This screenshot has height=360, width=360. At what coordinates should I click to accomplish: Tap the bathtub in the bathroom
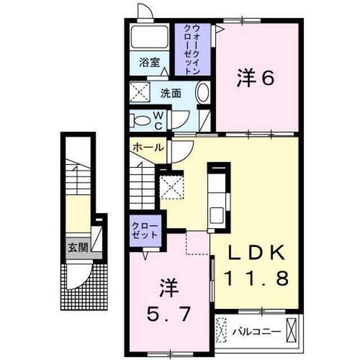150,37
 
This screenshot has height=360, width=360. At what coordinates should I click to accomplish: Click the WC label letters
159,120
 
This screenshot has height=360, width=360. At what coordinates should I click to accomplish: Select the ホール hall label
148,147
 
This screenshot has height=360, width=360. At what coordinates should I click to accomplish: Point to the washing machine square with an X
139,91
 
